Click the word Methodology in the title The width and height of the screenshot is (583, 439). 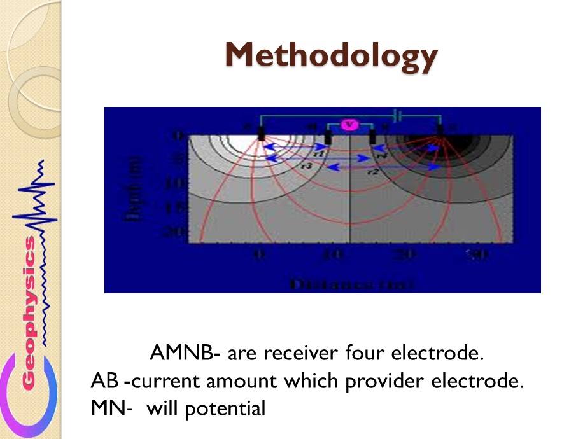(331, 55)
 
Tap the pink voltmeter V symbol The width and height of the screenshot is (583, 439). (349, 125)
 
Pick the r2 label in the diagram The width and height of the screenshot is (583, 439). (373, 172)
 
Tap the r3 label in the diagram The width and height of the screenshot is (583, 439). (307, 165)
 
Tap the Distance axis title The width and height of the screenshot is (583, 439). (351, 284)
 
